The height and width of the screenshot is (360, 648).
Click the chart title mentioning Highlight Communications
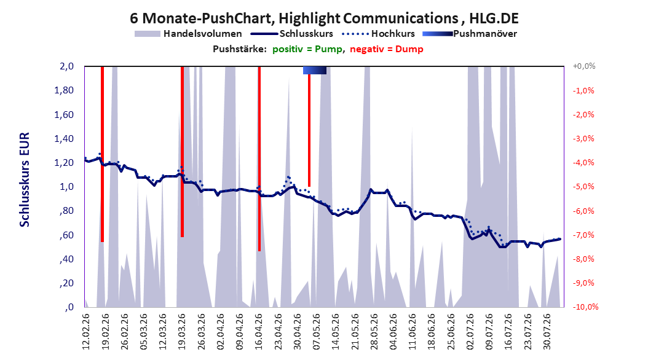coord(324,18)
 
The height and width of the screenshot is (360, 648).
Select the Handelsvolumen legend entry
coord(188,34)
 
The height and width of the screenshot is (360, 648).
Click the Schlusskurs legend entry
coord(291,34)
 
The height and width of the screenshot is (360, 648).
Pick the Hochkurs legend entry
coord(378,34)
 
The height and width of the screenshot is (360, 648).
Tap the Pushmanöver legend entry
coord(470,34)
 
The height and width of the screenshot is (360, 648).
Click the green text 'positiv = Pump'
coord(307,49)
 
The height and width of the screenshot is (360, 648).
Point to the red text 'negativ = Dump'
coord(387,49)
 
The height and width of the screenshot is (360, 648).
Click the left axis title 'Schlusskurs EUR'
coord(25,179)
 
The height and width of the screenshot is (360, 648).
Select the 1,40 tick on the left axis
coord(64,139)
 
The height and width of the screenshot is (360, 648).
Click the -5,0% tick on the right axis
coord(583,187)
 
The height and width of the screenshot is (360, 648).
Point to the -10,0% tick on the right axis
coord(585,307)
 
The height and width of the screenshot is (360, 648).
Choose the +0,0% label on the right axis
coord(584,66)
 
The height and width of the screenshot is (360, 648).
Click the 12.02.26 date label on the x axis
coord(86,332)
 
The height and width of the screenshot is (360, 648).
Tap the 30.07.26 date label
coord(547,332)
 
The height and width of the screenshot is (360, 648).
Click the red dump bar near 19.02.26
coord(102,154)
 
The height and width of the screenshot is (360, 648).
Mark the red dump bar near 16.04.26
coord(259,158)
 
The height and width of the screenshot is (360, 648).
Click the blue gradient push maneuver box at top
coord(315,71)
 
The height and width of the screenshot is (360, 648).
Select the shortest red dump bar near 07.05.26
coord(309,130)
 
